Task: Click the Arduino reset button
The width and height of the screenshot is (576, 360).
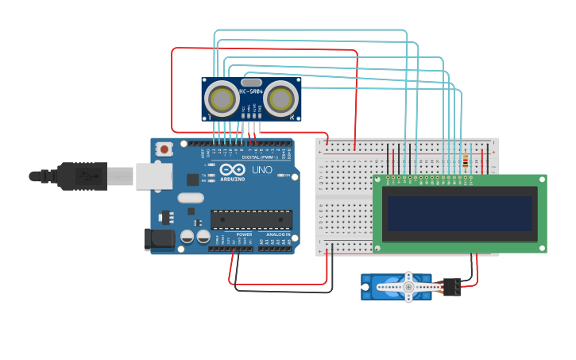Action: pyautogui.click(x=164, y=148)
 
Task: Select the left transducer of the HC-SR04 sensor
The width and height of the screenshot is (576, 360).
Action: pyautogui.click(x=220, y=99)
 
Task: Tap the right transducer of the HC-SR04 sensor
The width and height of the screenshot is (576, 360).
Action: pyautogui.click(x=280, y=99)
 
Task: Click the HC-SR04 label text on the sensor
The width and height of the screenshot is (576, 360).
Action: pyautogui.click(x=251, y=91)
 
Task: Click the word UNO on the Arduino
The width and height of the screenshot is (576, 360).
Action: pyautogui.click(x=262, y=170)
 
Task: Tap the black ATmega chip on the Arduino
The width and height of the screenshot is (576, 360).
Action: pyautogui.click(x=251, y=219)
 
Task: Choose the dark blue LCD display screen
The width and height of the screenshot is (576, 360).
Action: pyautogui.click(x=459, y=213)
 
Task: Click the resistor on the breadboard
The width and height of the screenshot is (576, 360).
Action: pyautogui.click(x=466, y=162)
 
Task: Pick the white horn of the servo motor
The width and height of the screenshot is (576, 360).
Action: pyautogui.click(x=408, y=287)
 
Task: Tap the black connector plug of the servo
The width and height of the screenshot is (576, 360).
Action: pyautogui.click(x=453, y=287)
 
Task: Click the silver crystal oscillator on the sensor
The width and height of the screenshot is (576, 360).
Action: pyautogui.click(x=251, y=82)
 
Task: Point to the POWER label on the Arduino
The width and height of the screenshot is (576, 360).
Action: pyautogui.click(x=244, y=234)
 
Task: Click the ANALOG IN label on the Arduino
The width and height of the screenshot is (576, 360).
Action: pyautogui.click(x=279, y=234)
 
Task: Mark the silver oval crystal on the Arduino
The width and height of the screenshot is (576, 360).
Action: pyautogui.click(x=191, y=198)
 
